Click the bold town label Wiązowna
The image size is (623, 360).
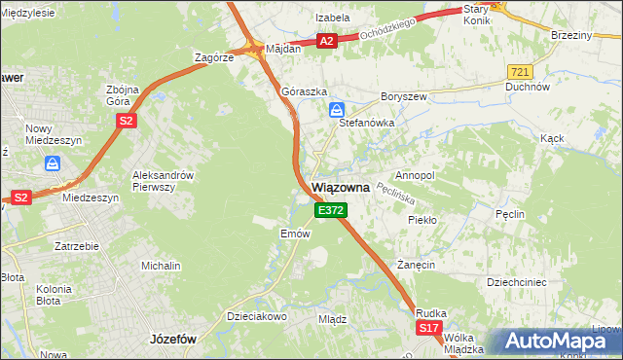[339, 189]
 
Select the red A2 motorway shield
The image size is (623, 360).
[327, 41]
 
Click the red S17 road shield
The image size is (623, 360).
[429, 330]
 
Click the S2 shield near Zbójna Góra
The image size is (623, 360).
[126, 121]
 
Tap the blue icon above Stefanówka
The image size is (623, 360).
[336, 109]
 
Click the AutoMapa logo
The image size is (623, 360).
[558, 342]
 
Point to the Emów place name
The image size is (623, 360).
[295, 234]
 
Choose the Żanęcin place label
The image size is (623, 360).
[415, 265]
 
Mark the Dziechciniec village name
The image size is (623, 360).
[520, 282]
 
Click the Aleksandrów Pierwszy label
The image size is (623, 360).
[164, 181]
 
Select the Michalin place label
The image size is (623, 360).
[161, 266]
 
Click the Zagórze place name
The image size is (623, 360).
[213, 57]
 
